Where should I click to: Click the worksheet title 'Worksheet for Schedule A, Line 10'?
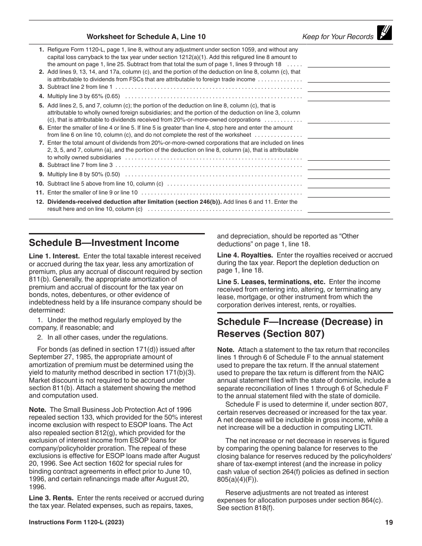coord(146,37)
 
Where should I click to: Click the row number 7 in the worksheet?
coord(41,143)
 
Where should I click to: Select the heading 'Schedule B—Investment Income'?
coord(104,243)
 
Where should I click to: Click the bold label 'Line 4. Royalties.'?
coord(245,255)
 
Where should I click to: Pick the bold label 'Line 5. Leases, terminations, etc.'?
coord(271,282)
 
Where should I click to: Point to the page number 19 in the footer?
coord(389,522)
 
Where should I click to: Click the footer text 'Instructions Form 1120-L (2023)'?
coord(76,522)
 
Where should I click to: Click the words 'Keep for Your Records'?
coord(338,37)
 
